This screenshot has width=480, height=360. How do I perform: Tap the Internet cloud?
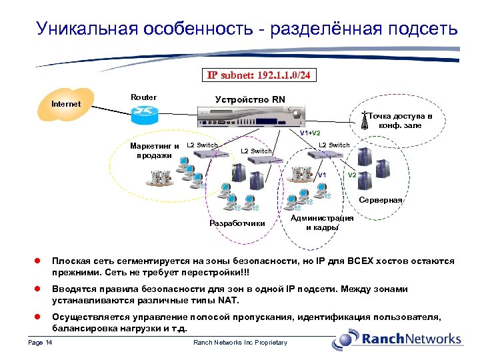(66, 105)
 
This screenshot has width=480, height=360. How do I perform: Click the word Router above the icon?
(143, 97)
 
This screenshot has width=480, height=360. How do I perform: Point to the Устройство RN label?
(250, 99)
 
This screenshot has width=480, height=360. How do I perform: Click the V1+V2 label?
(310, 133)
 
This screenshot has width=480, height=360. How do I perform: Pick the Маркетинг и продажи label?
(153, 150)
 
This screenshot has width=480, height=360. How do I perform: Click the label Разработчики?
(237, 223)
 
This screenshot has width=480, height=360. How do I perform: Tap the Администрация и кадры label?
(322, 223)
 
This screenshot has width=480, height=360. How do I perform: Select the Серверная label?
(380, 200)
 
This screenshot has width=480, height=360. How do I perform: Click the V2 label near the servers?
(352, 175)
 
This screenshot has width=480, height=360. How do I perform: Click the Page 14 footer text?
(41, 343)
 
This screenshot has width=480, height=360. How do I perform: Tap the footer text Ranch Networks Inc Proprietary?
(240, 343)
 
